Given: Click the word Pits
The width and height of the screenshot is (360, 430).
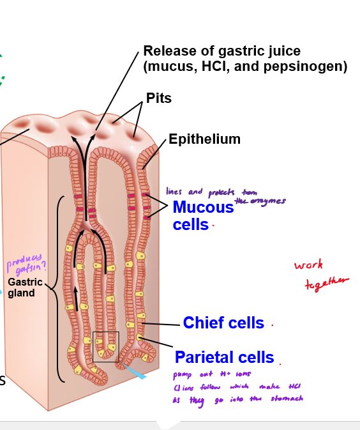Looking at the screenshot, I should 159,98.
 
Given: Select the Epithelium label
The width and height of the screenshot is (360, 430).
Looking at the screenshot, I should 204,139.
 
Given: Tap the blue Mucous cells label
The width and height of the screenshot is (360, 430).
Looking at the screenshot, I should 202,216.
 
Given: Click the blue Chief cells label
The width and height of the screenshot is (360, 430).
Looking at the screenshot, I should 223,323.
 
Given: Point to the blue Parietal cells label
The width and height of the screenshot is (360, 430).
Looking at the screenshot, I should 224,357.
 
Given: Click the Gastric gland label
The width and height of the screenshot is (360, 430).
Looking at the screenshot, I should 25,288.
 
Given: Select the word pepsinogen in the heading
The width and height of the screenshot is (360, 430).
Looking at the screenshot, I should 308,66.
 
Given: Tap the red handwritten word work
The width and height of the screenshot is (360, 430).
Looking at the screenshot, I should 308,265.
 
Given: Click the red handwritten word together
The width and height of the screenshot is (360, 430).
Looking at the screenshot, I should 327,283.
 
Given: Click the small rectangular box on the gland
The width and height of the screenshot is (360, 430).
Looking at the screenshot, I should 106,346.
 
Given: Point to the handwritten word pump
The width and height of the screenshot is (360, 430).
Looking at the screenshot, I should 183,375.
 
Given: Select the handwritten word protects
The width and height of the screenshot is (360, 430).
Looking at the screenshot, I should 221,192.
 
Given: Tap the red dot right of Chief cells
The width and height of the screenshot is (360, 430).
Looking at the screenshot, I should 272,325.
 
